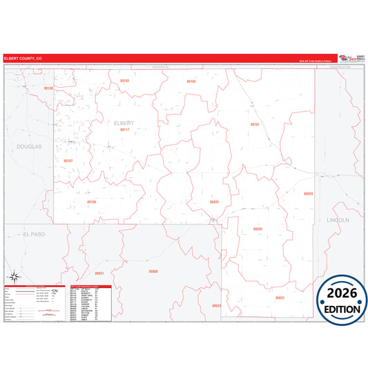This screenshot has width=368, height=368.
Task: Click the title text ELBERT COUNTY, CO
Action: tap(23, 59)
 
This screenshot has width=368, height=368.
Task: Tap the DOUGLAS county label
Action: tap(30, 146)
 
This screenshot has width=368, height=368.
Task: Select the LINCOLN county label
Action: tap(338, 220)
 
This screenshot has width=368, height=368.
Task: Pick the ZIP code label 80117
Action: tap(125, 129)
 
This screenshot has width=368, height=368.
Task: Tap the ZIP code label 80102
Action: tap(125, 81)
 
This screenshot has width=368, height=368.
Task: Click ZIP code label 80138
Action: tap(48, 88)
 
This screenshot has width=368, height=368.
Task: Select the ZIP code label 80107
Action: tap(68, 160)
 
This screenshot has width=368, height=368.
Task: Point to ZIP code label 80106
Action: tap(92, 202)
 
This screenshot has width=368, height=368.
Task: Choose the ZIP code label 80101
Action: tap(254, 124)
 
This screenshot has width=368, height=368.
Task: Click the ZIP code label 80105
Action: tap(191, 81)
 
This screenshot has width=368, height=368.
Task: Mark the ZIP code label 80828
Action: tap(309, 193)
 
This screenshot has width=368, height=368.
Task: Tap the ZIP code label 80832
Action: tap(280, 298)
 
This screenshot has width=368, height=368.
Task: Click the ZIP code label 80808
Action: tap(153, 271)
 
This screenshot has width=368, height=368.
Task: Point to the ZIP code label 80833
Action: tap(217, 305)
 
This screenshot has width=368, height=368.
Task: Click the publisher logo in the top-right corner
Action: tap(350, 59)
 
